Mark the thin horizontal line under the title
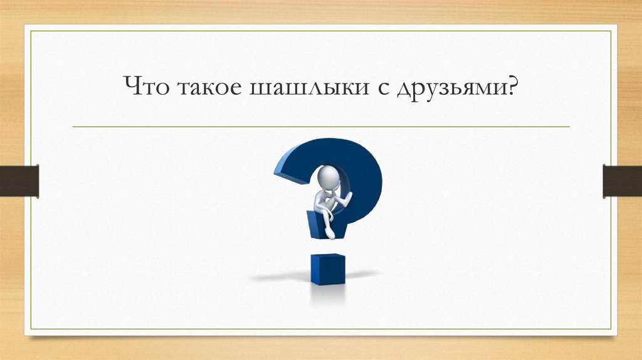pyautogui.click(x=321, y=127)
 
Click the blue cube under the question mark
pyautogui.click(x=327, y=269)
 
